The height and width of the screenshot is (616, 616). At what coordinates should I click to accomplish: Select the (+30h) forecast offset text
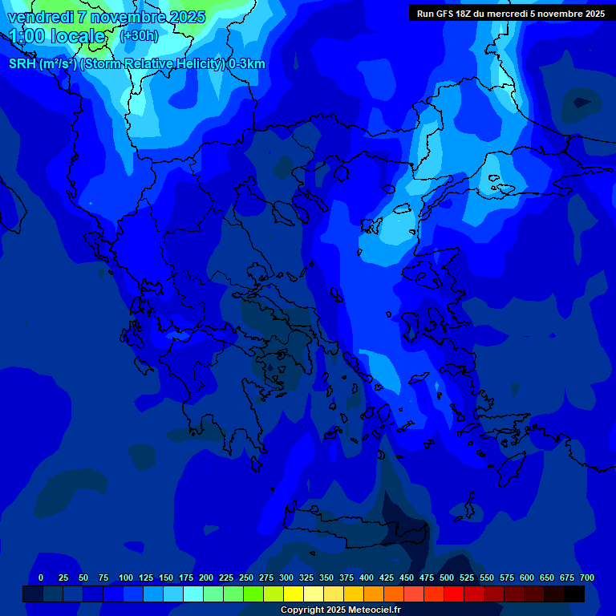139,36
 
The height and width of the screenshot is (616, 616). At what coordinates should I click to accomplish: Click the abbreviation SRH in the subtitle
22,64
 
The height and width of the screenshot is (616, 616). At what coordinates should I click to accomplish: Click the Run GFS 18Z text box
511,14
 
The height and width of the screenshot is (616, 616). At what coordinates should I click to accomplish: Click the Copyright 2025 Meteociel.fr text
340,610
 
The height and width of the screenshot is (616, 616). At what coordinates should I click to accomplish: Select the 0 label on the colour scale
41,577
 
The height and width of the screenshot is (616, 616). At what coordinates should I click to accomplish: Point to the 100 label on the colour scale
126,577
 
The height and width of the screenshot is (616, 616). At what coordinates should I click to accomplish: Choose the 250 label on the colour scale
246,577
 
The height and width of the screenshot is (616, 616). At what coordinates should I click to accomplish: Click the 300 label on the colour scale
286,577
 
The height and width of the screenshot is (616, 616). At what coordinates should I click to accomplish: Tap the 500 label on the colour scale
447,577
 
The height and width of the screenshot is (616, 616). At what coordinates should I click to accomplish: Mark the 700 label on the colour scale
587,577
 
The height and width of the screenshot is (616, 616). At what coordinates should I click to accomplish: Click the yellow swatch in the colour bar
294,594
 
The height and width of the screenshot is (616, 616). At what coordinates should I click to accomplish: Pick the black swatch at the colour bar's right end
574,594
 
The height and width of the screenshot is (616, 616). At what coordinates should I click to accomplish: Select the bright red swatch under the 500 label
454,594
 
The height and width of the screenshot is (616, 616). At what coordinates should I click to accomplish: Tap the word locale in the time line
77,36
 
